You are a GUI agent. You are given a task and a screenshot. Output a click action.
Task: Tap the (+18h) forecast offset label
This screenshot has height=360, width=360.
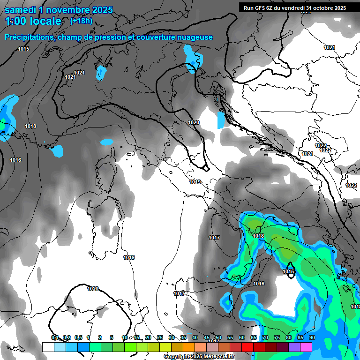(x=81, y=21)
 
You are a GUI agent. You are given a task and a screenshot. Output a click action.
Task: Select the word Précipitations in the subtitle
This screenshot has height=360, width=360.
(x=29, y=37)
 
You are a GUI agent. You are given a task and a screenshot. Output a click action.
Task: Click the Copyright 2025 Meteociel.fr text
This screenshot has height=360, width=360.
(x=199, y=357)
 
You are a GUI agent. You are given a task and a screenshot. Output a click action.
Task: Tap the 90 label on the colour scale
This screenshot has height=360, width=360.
(x=312, y=337)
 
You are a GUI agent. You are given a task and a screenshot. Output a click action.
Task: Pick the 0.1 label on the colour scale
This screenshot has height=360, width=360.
(x=55, y=337)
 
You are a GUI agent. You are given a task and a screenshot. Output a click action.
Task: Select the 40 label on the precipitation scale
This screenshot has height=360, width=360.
(x=195, y=337)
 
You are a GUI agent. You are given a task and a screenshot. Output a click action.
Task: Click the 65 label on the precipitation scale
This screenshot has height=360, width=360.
(x=254, y=337)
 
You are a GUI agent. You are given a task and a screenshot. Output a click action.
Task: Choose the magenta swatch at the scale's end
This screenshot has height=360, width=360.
(x=306, y=347)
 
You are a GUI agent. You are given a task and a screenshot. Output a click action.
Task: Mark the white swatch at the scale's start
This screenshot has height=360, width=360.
(x=48, y=347)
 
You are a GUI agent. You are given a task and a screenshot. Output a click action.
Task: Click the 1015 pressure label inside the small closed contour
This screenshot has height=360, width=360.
(x=288, y=271)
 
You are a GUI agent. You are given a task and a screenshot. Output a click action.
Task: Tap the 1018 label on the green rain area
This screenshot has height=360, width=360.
(x=258, y=236)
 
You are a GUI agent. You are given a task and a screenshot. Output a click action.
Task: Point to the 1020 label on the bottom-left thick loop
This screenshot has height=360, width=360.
(x=93, y=289)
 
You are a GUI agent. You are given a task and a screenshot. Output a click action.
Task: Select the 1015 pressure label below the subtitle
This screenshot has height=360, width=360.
(x=23, y=49)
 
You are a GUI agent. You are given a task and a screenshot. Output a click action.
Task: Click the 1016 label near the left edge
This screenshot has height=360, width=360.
(x=15, y=160)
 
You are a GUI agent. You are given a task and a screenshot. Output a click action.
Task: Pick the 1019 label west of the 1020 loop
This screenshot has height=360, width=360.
(x=129, y=257)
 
